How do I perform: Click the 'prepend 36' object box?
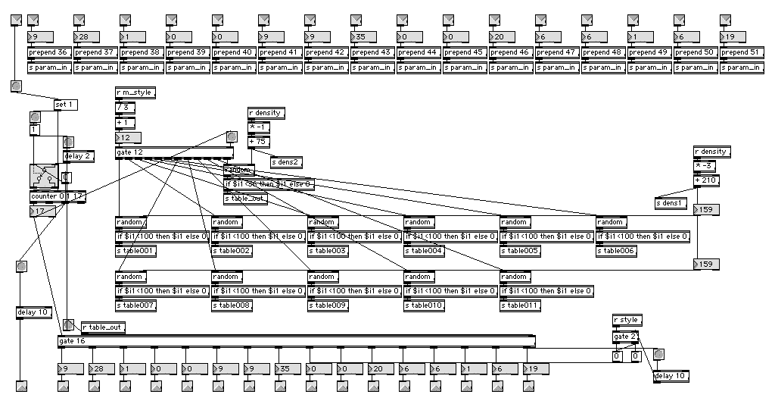point(50,52)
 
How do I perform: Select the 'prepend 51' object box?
point(742,52)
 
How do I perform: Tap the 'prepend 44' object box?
point(419,52)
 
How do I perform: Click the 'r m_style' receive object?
point(135,92)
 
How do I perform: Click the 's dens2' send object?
point(287,161)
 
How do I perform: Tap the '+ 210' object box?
point(707,180)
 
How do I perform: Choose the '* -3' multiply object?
point(703,165)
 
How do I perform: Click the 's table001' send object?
point(136,251)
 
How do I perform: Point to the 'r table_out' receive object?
point(103,327)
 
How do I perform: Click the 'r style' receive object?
point(627,320)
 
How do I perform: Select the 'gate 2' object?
point(625,336)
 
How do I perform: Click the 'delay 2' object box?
point(78,157)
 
